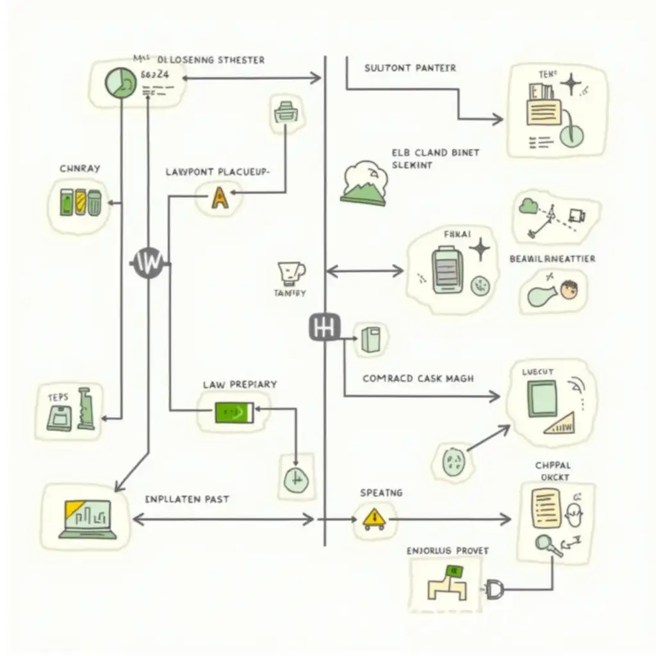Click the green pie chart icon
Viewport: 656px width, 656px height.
tap(120, 84)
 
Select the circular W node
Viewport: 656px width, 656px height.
tap(148, 262)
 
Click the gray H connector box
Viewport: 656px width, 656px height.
tap(324, 327)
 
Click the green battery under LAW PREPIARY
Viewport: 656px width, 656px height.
tap(234, 413)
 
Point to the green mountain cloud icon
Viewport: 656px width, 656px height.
tap(364, 184)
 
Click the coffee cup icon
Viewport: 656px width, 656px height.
tap(290, 274)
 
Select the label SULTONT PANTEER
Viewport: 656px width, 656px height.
tap(410, 67)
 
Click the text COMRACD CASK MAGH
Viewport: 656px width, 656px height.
tap(418, 379)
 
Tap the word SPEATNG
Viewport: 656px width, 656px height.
tap(381, 493)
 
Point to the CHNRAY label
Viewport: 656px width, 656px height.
tap(79, 168)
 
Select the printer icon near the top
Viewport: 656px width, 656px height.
tap(286, 112)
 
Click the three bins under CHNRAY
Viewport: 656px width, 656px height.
tap(79, 201)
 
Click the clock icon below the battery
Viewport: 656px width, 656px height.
tap(295, 477)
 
